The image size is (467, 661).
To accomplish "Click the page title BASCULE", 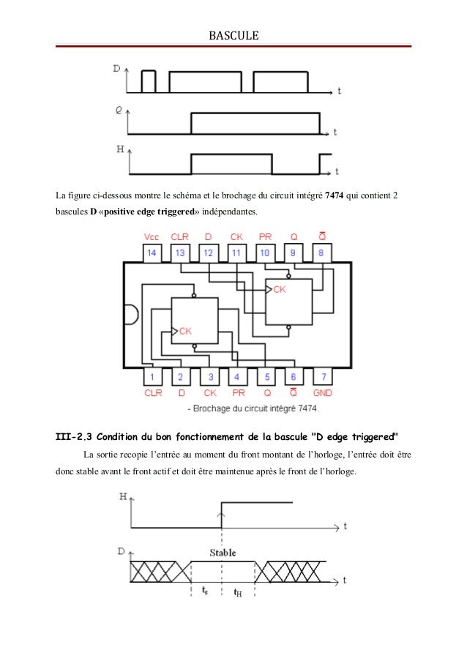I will (234, 34).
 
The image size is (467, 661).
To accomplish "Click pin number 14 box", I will (152, 253).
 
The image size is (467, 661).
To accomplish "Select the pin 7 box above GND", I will (322, 378).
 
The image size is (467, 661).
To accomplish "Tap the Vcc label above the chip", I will (152, 237).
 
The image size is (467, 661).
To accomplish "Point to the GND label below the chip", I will (322, 393).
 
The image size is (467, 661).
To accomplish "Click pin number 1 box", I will (152, 378).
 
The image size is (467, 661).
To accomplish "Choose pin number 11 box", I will (236, 253).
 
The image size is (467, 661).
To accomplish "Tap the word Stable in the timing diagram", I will (222, 553).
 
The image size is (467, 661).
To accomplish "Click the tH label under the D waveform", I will (238, 592).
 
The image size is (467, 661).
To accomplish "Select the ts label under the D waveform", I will (204, 591).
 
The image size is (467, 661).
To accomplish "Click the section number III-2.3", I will (79, 437).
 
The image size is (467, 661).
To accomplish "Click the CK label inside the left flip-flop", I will (185, 331).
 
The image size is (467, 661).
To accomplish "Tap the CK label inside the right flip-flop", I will (280, 290).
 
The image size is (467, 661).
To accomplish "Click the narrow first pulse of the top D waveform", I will (149, 81).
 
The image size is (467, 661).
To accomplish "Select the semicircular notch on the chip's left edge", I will (130, 315).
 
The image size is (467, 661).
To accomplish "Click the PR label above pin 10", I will (265, 237).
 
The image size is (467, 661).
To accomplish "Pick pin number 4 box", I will (237, 378).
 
